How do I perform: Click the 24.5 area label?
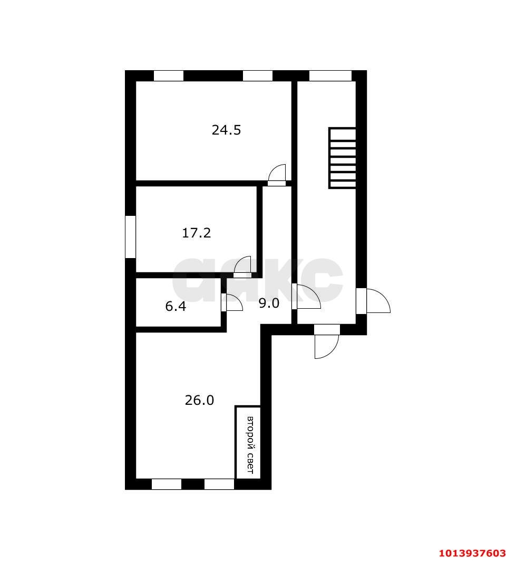(x=226, y=130)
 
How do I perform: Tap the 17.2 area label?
(x=197, y=233)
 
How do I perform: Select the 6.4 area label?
(x=176, y=307)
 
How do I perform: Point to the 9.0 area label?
(x=268, y=303)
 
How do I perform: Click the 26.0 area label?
(x=199, y=401)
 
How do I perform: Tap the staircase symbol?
(x=342, y=158)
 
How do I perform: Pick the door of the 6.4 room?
(x=232, y=303)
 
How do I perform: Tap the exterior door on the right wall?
(x=375, y=301)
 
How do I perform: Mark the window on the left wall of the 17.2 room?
(x=130, y=236)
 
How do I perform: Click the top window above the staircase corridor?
(x=330, y=76)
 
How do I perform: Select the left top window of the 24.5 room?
(x=169, y=76)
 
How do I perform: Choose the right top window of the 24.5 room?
(x=258, y=76)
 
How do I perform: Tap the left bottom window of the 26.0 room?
(x=167, y=484)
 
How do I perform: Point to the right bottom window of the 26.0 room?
(x=219, y=484)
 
